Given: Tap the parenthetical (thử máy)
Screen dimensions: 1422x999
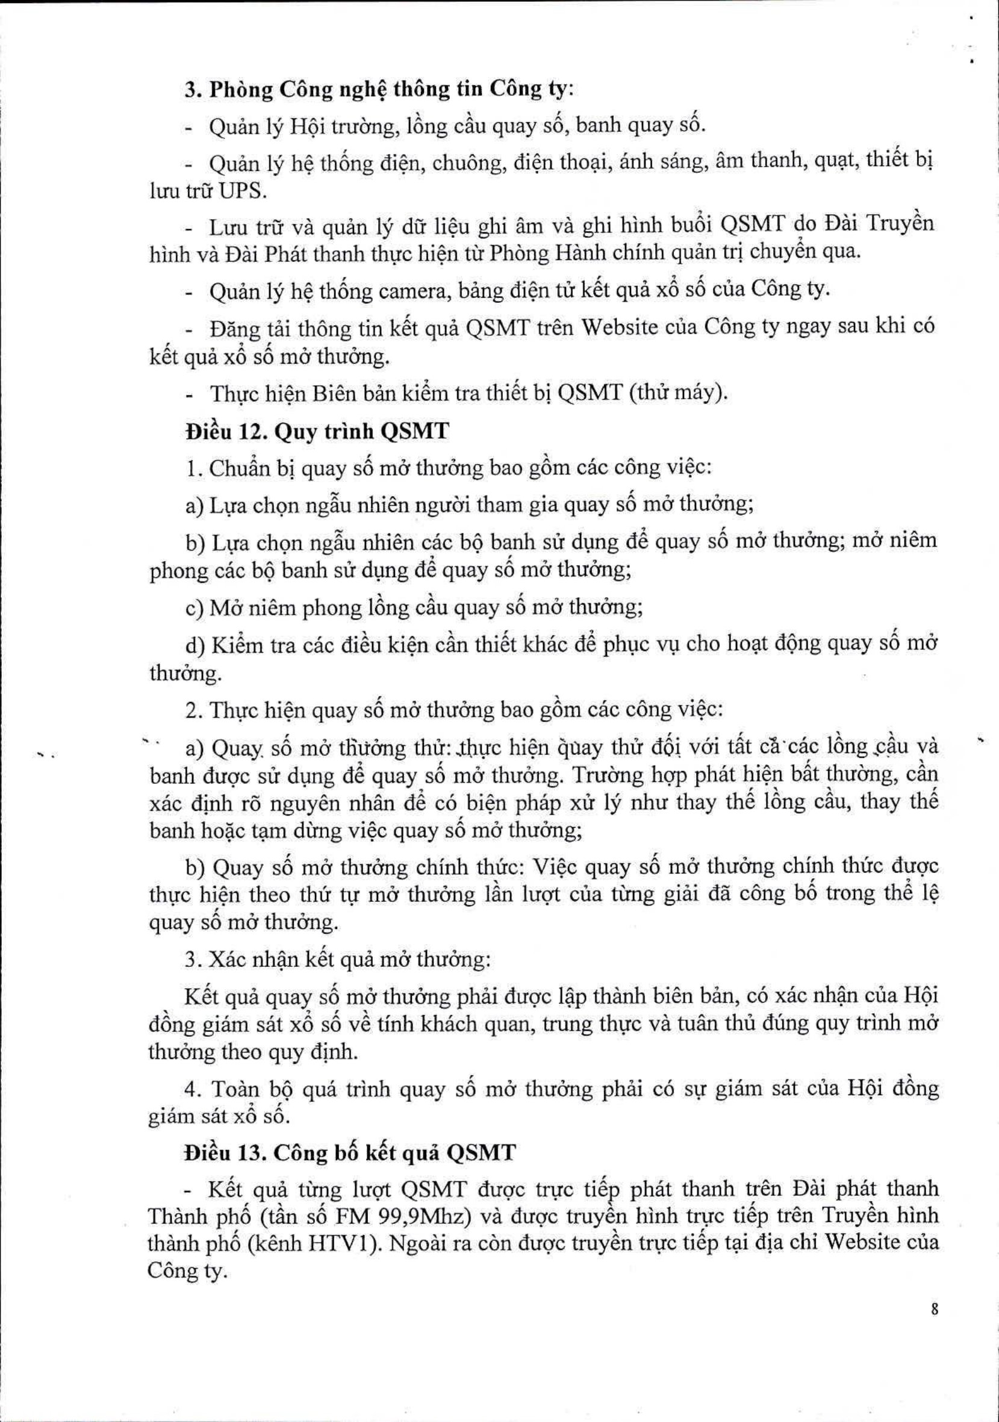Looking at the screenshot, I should [x=678, y=393].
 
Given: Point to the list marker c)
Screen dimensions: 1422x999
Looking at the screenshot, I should [x=195, y=608].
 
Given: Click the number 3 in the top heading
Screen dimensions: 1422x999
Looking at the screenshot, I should [x=190, y=90].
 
